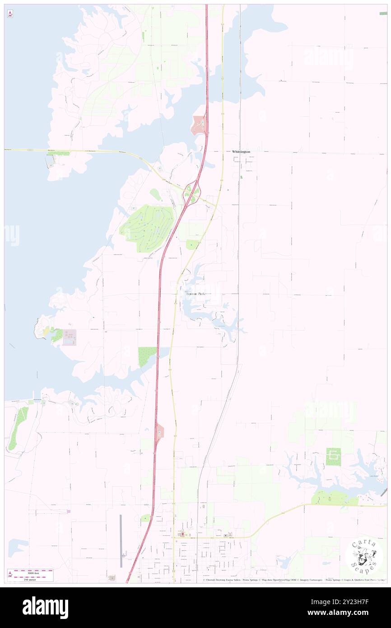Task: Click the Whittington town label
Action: coord(242,152)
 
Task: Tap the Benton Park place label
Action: coord(195,294)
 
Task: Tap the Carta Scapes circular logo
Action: coord(364,556)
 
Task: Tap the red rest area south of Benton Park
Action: coord(159,433)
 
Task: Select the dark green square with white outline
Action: coord(333,457)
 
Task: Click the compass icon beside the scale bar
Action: coord(10,574)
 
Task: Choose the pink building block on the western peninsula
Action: coord(70,337)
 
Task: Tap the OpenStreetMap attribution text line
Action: coord(293,580)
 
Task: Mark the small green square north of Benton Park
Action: coord(192,244)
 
